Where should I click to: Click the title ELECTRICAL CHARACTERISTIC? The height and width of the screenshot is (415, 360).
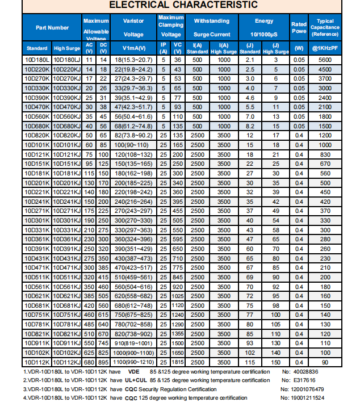(x=183, y=6)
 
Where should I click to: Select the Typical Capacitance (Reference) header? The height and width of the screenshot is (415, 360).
(x=325, y=27)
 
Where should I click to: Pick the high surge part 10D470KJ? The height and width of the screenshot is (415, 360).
(x=67, y=107)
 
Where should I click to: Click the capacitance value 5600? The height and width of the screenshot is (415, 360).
(x=325, y=60)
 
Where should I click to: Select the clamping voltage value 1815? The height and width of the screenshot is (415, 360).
(x=177, y=362)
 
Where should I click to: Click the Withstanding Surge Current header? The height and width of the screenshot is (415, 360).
(x=211, y=27)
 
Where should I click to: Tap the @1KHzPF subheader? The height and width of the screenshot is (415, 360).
(x=325, y=48)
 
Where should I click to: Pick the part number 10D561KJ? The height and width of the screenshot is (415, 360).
(x=67, y=287)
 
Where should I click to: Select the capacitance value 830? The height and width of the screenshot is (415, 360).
(x=325, y=154)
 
